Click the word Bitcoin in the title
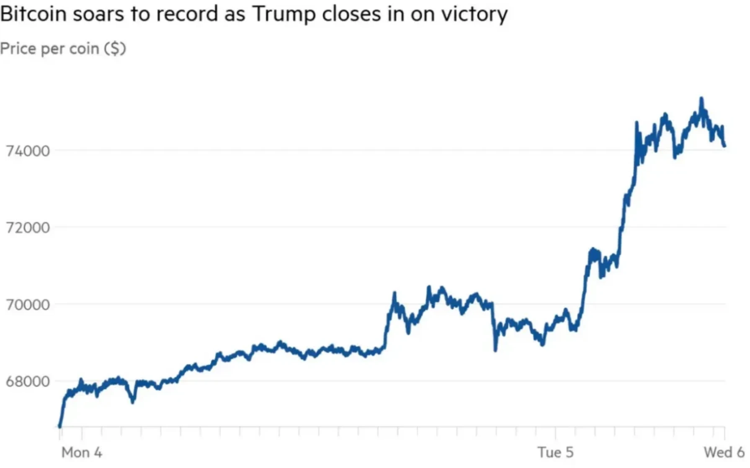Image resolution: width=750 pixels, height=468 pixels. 34,14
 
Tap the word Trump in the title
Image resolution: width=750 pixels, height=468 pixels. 284,14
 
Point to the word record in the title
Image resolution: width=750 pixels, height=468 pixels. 188,14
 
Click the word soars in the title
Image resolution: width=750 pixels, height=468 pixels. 99,14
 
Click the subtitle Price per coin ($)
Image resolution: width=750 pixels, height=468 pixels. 63,49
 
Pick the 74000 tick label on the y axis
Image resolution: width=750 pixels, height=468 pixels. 28,151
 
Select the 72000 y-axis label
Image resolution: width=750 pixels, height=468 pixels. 28,228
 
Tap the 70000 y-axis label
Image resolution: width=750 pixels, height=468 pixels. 28,305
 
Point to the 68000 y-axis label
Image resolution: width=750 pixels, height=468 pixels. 28,382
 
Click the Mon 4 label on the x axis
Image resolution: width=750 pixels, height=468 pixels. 82,453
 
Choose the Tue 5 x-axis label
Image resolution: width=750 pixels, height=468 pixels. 555,453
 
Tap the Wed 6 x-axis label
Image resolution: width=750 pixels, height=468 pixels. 724,453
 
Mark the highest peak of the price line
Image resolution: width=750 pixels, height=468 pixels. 701,99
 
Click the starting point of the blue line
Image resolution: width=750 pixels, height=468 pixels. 60,426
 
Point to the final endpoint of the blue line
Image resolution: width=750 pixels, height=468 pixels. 724,146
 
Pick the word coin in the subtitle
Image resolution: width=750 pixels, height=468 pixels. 84,49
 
